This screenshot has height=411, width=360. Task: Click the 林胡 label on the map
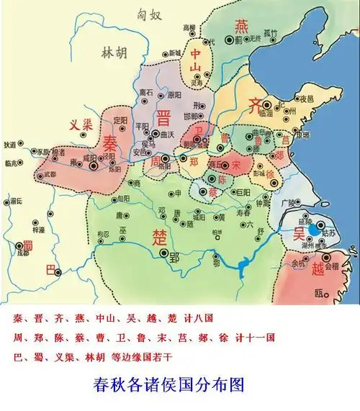112,53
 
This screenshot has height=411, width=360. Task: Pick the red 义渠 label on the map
81,124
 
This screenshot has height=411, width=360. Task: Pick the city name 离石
146,92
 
